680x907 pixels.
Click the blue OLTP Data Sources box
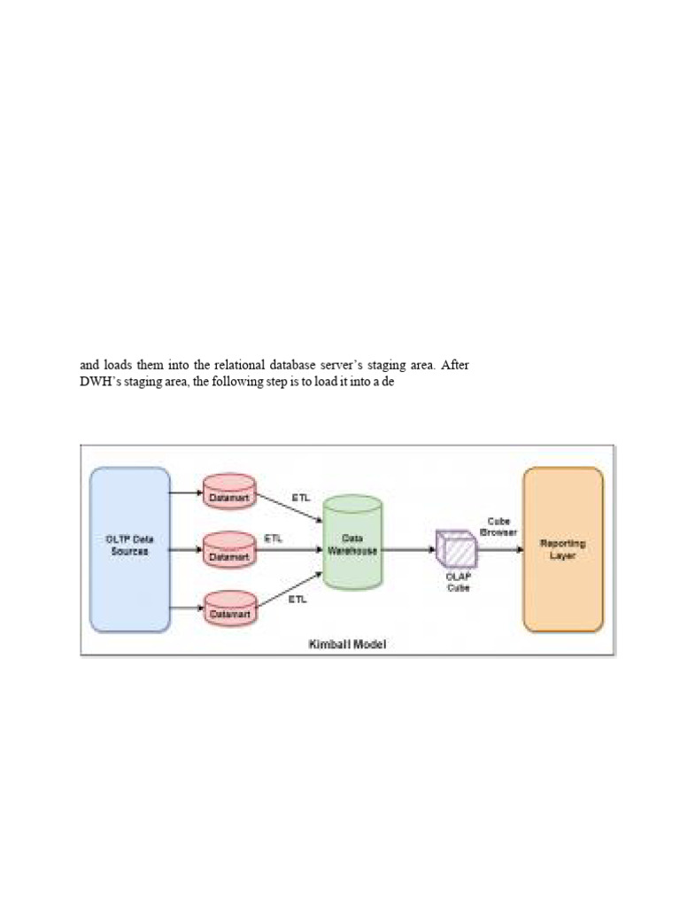pos(130,549)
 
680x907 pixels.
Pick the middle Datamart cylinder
pos(229,550)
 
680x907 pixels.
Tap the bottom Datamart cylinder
pos(229,608)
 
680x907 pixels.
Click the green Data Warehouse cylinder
pos(352,542)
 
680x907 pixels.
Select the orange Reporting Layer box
pos(563,549)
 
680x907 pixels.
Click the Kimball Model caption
pos(347,644)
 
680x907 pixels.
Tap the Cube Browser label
pos(498,527)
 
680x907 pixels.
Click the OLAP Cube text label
pos(458,582)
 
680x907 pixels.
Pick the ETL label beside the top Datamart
pos(301,497)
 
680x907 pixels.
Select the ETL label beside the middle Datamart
pos(274,538)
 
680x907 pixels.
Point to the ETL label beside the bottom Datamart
pos(297,600)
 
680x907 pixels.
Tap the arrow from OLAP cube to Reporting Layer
pos(500,549)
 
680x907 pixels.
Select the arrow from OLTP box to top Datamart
pos(186,492)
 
